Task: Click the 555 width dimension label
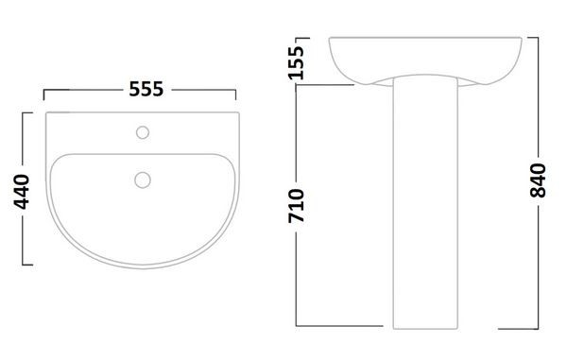146,89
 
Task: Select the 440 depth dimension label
22,192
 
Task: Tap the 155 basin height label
296,62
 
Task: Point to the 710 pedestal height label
296,205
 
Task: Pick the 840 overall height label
538,180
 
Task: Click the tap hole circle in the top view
143,132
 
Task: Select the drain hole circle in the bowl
143,180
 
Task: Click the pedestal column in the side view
425,202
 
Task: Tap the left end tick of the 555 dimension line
43,94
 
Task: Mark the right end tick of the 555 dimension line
235,94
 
